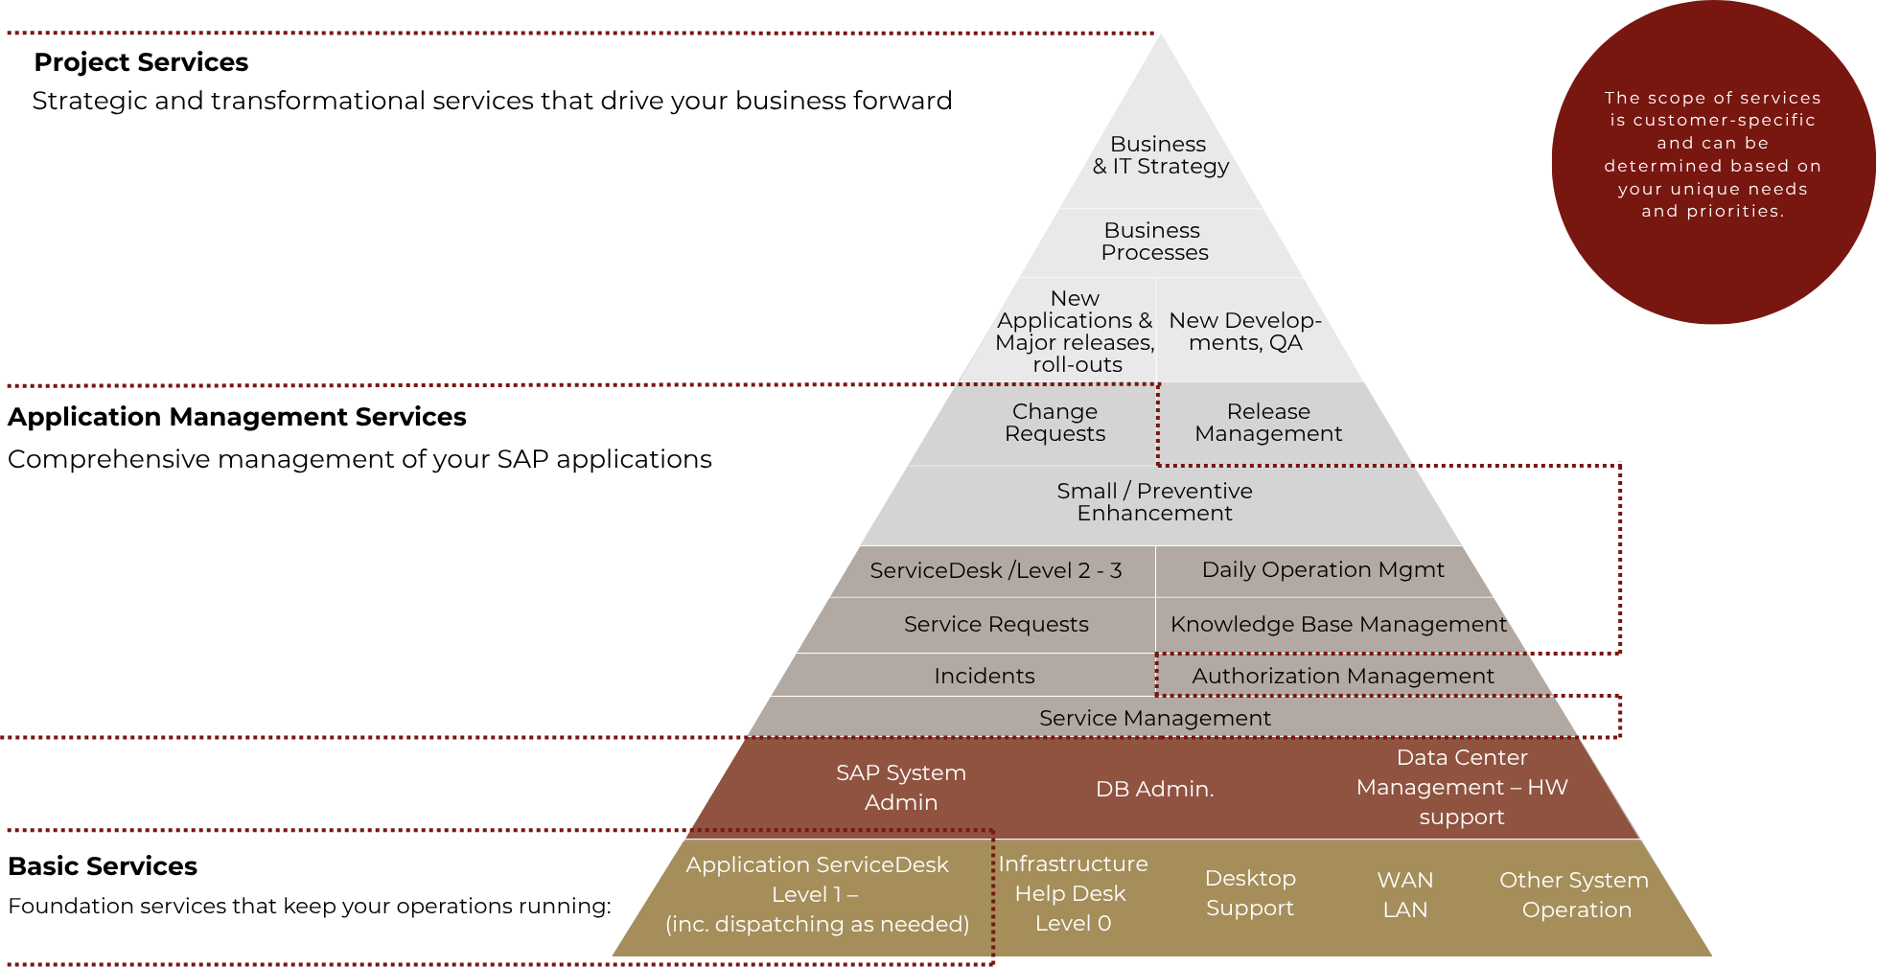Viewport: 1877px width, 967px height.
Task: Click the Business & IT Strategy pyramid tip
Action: coord(1160,155)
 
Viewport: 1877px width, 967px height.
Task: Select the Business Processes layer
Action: coord(1154,242)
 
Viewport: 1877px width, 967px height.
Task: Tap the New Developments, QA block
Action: coord(1244,332)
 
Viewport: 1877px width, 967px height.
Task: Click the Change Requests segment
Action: coord(1054,423)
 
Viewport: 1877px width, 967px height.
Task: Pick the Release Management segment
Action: coord(1267,423)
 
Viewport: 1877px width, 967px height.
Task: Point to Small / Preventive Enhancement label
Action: coord(1154,502)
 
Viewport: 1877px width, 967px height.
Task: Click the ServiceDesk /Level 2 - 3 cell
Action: coord(995,571)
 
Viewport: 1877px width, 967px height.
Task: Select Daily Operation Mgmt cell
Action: coord(1322,570)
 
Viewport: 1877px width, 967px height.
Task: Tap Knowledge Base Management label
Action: coord(1337,625)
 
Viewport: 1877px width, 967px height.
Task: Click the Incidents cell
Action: coord(984,677)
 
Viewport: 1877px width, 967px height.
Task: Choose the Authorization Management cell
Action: coord(1342,677)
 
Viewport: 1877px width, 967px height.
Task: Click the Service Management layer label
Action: coord(1154,719)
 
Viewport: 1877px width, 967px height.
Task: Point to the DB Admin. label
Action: coord(1154,790)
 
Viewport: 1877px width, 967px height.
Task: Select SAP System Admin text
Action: coord(900,788)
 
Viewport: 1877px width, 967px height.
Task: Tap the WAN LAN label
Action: coord(1404,895)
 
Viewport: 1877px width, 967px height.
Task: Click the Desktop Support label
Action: coord(1249,893)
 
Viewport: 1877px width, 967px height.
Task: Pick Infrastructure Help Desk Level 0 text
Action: coord(1072,893)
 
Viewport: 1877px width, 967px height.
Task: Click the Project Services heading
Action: coord(141,62)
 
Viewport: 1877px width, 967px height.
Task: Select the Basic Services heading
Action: coord(103,866)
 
